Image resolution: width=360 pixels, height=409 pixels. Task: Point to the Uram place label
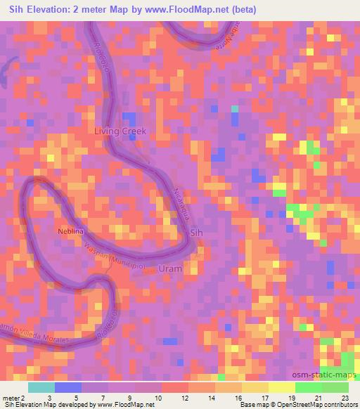tap(171, 269)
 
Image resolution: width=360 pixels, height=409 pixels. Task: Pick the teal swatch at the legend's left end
tap(41, 387)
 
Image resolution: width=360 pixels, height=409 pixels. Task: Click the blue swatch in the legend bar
tap(67, 387)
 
